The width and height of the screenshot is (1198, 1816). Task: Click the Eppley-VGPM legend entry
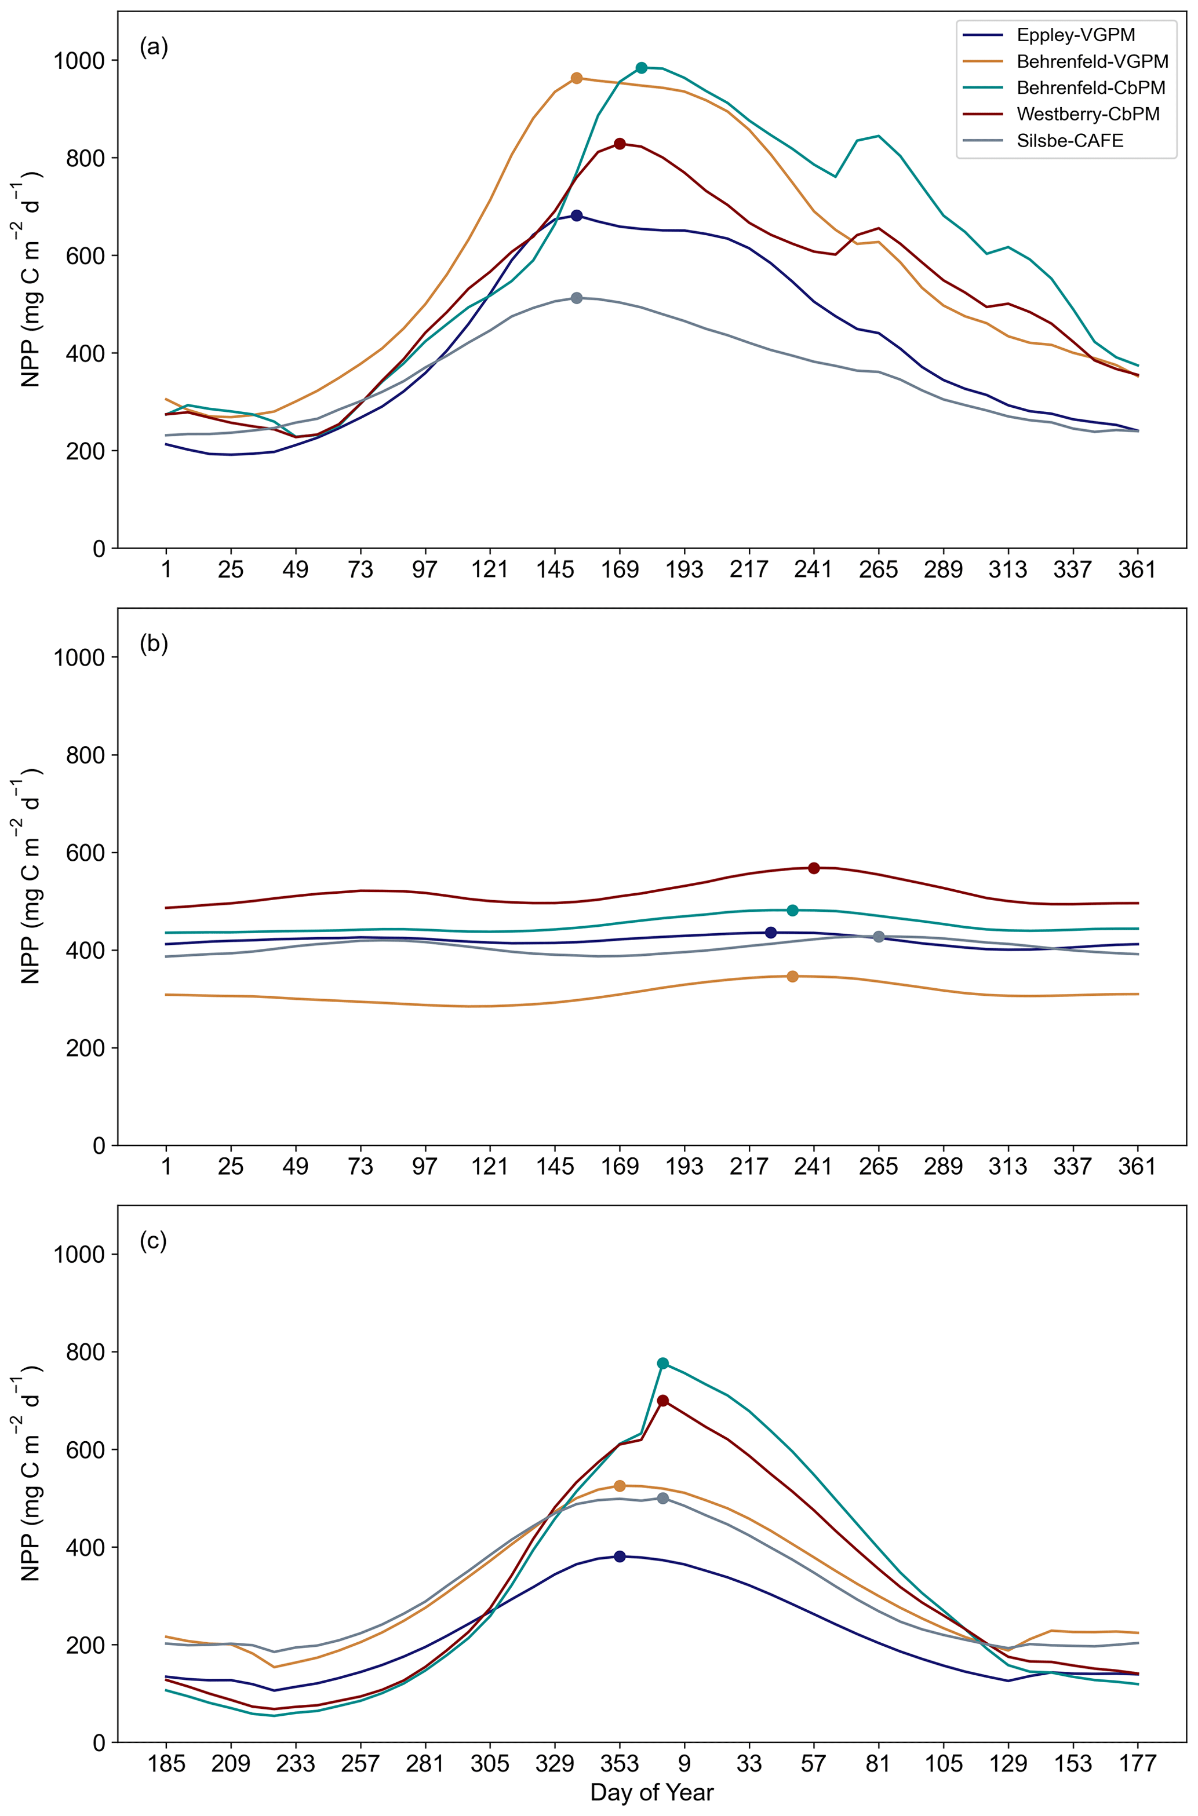pyautogui.click(x=1075, y=35)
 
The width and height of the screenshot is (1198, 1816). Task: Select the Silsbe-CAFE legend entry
pyautogui.click(x=1070, y=141)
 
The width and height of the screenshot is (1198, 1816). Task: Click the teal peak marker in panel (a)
pyautogui.click(x=641, y=68)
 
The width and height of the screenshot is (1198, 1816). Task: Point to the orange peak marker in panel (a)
pyautogui.click(x=576, y=78)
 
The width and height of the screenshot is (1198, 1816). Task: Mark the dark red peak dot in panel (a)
pyautogui.click(x=620, y=144)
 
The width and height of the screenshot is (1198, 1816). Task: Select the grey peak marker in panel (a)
pyautogui.click(x=576, y=298)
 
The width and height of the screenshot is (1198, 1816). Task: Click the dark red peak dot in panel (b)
pyautogui.click(x=814, y=868)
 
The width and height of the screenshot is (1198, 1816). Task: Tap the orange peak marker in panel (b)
pyautogui.click(x=792, y=977)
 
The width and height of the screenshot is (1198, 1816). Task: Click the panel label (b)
pyautogui.click(x=154, y=644)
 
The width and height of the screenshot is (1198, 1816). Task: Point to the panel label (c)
pyautogui.click(x=153, y=1241)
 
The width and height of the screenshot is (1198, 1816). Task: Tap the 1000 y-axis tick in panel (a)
pyautogui.click(x=79, y=60)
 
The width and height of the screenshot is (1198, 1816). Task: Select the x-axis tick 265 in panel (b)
pyautogui.click(x=879, y=1167)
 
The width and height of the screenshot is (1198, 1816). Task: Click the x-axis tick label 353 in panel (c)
pyautogui.click(x=620, y=1764)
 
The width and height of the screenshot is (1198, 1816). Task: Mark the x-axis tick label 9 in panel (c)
pyautogui.click(x=684, y=1764)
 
